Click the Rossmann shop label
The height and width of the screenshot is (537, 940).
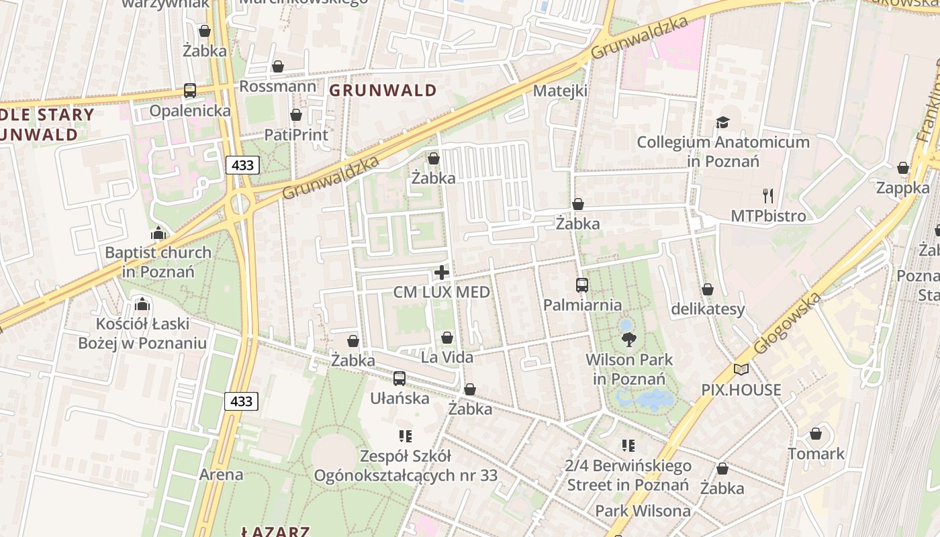[x=277, y=87]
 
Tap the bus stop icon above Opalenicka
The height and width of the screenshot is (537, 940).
[x=190, y=91]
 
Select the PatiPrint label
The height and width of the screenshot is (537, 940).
[x=296, y=135]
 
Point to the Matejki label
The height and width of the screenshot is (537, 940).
[x=560, y=91]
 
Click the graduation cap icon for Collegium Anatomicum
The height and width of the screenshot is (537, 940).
[x=722, y=122]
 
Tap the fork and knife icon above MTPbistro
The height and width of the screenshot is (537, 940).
[x=768, y=196]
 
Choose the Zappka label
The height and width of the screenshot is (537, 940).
[x=902, y=188]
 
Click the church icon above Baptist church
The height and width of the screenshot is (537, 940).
[x=158, y=234]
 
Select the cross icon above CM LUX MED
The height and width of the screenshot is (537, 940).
[x=442, y=273]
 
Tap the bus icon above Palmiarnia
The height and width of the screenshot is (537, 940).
[x=582, y=285]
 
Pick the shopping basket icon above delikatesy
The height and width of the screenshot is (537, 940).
[x=708, y=289]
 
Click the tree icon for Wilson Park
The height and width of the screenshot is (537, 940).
[x=629, y=340]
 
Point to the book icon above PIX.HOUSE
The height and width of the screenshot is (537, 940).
[x=741, y=369]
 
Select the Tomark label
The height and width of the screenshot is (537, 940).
[x=816, y=454]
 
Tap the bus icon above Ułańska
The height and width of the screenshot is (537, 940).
[x=399, y=379]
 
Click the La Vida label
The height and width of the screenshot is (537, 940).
[x=447, y=357]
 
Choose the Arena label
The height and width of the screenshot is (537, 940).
[x=221, y=475]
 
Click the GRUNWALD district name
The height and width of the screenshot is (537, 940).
[x=383, y=91]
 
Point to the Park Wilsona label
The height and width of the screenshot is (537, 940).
[x=643, y=511]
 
